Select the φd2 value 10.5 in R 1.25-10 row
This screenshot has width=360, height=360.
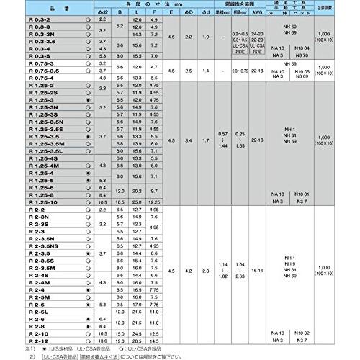tap(102, 202)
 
